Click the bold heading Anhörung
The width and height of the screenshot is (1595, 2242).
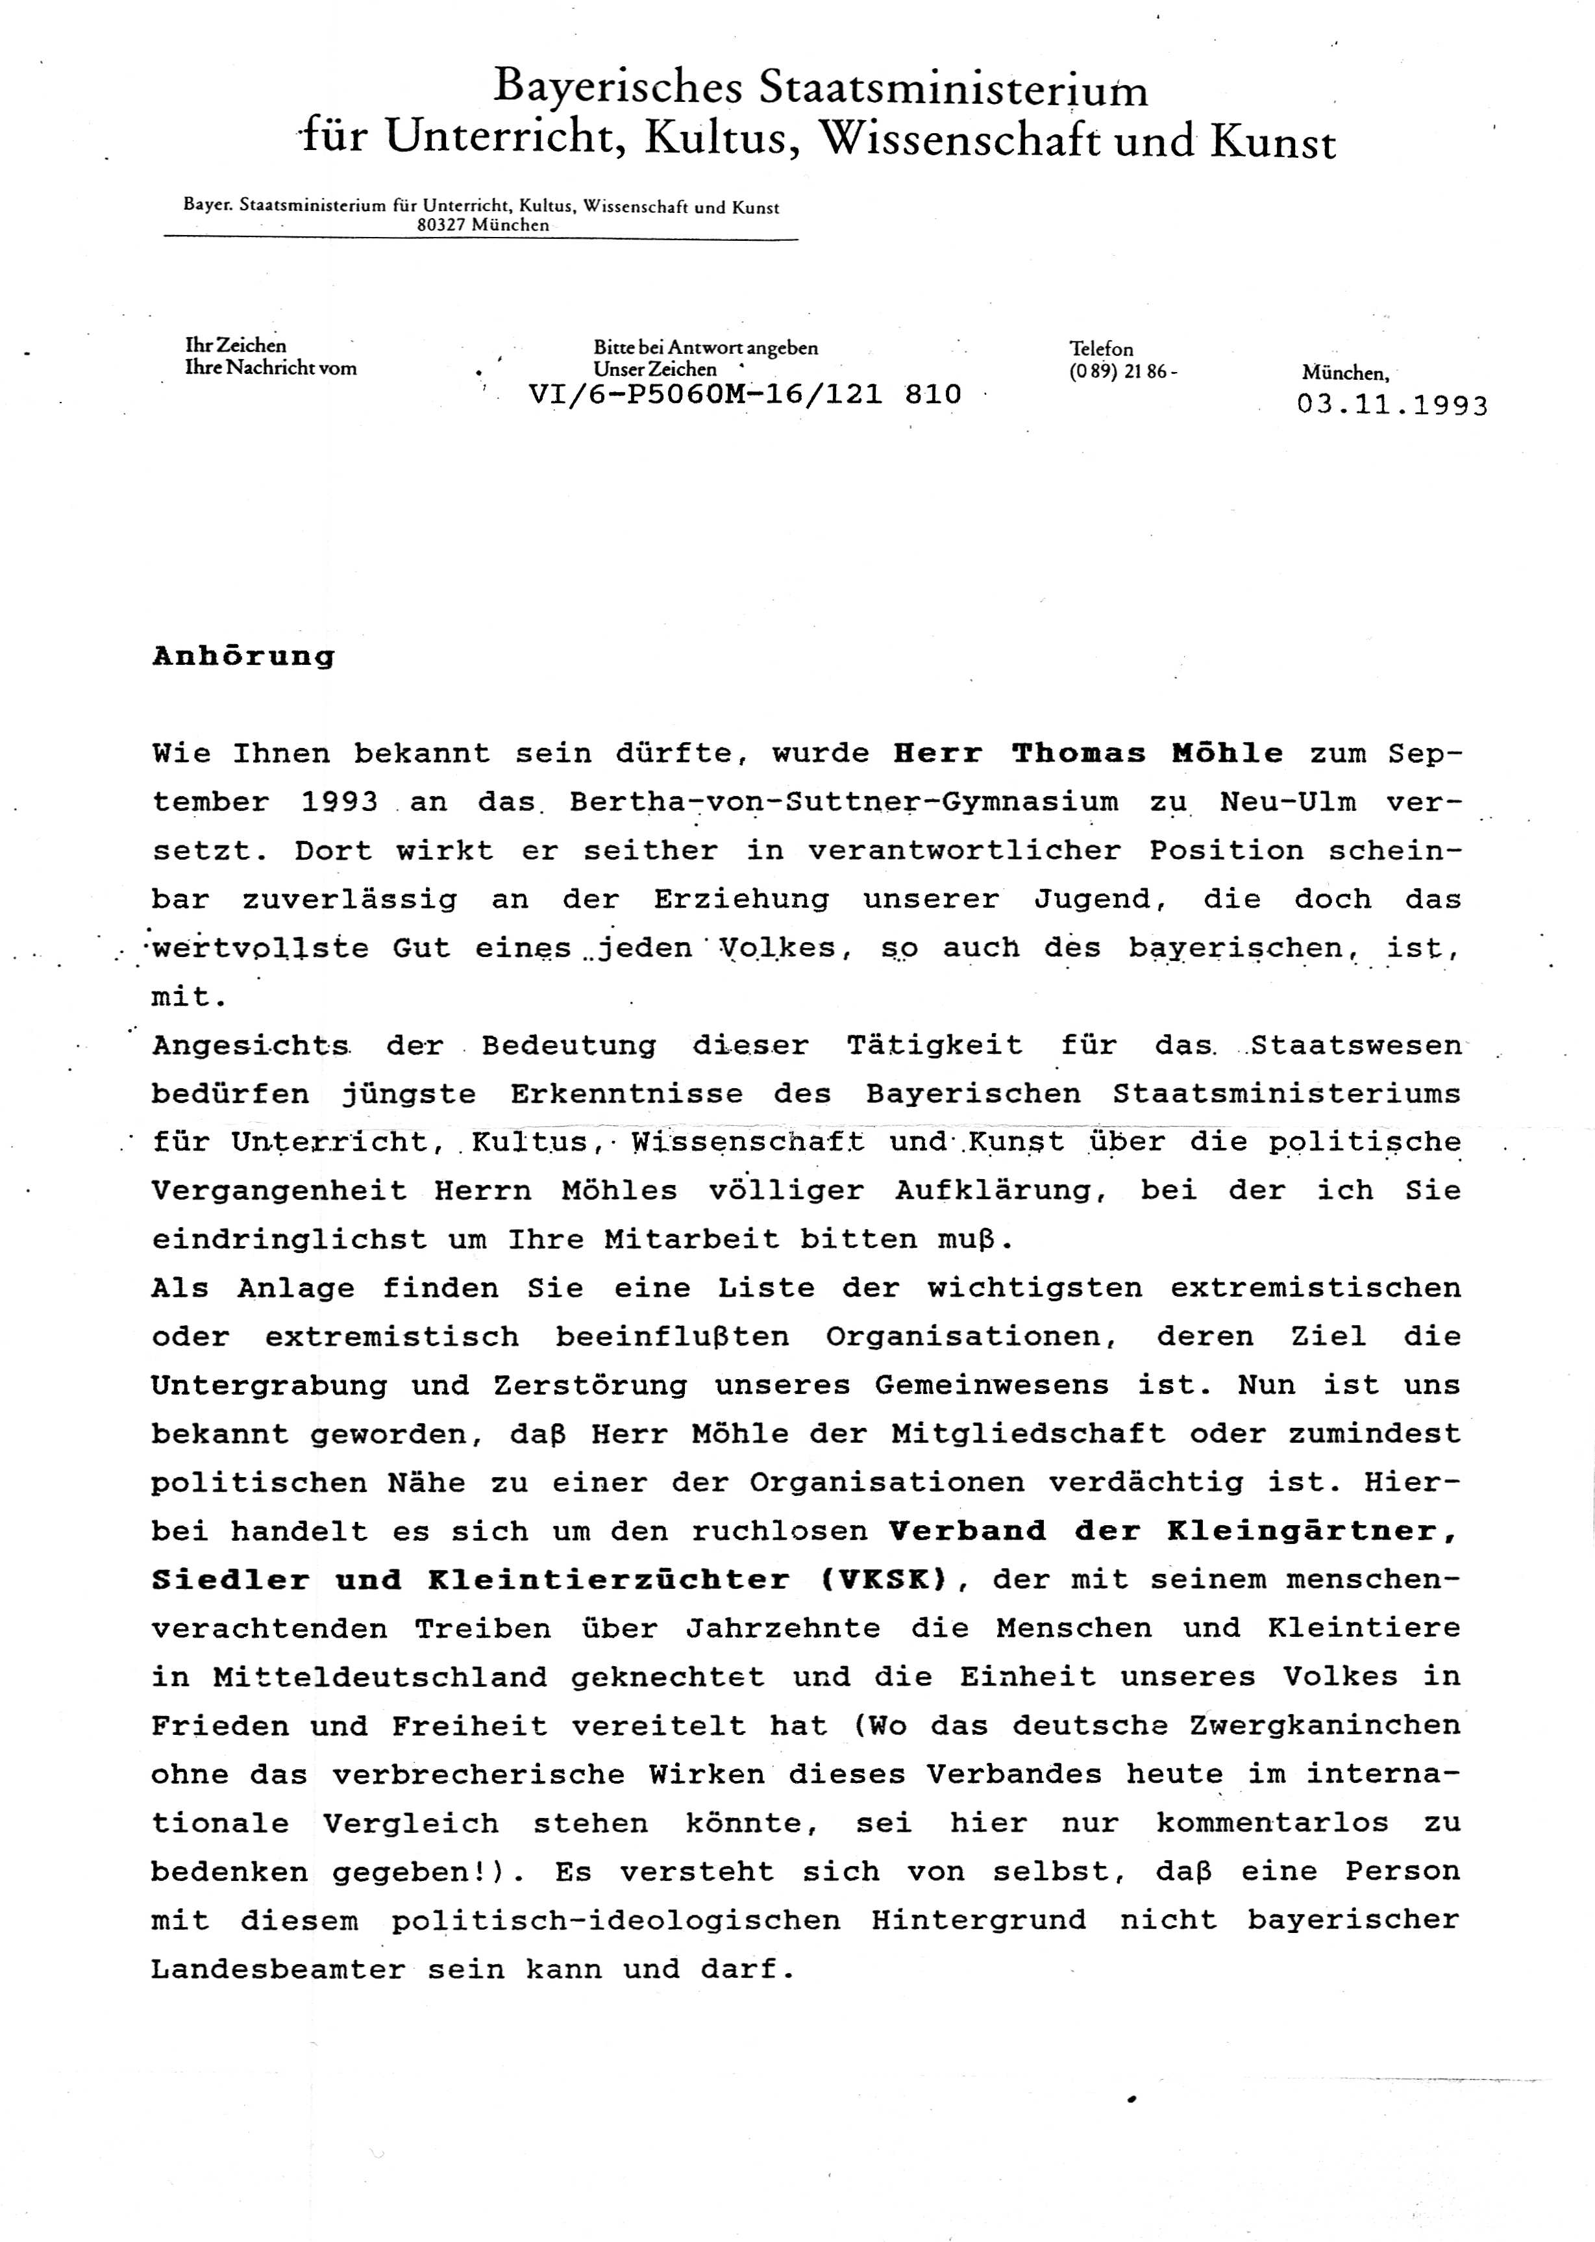tap(243, 657)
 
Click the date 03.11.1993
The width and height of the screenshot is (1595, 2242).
tap(1392, 406)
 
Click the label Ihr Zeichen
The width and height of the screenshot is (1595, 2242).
tap(236, 345)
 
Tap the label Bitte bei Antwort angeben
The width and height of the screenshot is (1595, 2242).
tap(705, 347)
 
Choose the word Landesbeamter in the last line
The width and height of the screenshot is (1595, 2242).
tap(278, 1969)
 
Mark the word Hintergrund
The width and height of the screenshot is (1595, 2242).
tap(978, 1920)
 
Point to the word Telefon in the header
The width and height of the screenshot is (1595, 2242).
tap(1101, 349)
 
